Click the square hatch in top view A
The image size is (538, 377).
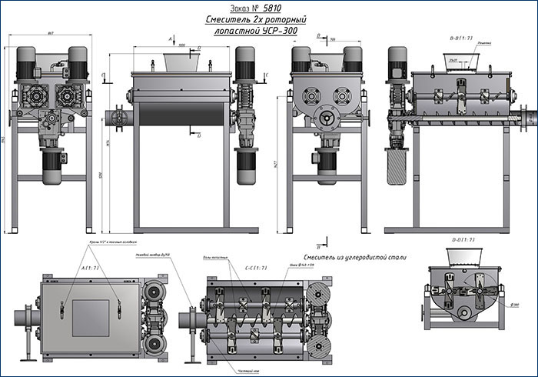click(91, 316)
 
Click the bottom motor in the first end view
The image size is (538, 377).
click(51, 165)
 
